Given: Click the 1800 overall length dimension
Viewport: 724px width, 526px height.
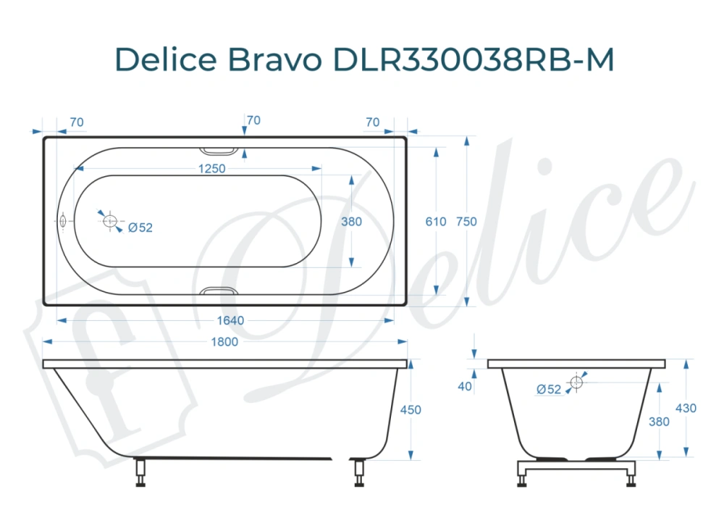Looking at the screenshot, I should pyautogui.click(x=224, y=342).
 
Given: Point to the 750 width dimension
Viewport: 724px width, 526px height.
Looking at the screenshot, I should pyautogui.click(x=467, y=222).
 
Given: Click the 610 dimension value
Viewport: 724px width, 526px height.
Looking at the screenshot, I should pyautogui.click(x=436, y=222).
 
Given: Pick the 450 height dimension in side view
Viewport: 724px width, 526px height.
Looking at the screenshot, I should pyautogui.click(x=411, y=409).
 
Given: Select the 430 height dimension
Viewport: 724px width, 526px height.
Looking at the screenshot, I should pyautogui.click(x=686, y=408).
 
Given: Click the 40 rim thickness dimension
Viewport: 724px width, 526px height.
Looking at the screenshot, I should pyautogui.click(x=465, y=386).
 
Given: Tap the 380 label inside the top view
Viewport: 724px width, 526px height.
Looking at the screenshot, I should pyautogui.click(x=351, y=222).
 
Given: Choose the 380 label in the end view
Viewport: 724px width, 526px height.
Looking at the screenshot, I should pyautogui.click(x=659, y=421).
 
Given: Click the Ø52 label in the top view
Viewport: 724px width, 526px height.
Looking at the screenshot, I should pyautogui.click(x=140, y=227).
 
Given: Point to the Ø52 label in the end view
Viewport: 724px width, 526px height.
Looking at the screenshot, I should pyautogui.click(x=549, y=389).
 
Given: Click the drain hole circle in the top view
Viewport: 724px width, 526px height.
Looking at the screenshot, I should pyautogui.click(x=111, y=221).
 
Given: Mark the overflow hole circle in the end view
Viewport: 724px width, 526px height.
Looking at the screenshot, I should pyautogui.click(x=576, y=382).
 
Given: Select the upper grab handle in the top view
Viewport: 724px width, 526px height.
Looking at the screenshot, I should pyautogui.click(x=218, y=151).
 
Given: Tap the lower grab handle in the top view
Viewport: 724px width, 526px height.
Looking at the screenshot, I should pyautogui.click(x=218, y=291).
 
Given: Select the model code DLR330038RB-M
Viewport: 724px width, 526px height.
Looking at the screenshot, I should pyautogui.click(x=473, y=59).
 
